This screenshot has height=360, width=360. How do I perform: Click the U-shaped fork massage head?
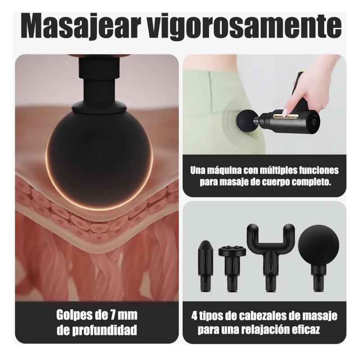(270, 252)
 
